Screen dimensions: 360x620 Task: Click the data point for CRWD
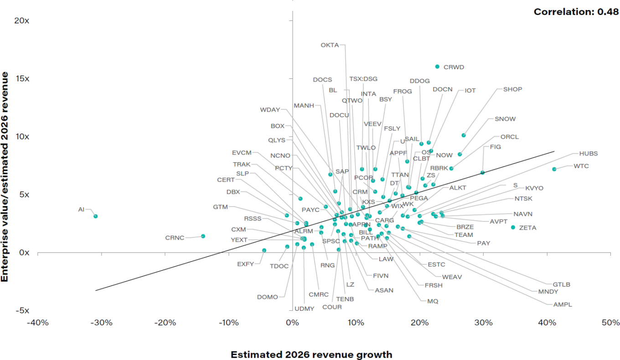click(x=437, y=67)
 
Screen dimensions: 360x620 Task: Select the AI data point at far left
click(x=96, y=216)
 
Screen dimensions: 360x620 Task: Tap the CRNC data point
click(x=203, y=236)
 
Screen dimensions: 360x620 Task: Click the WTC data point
click(x=554, y=169)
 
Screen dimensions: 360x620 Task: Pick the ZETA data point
click(x=513, y=227)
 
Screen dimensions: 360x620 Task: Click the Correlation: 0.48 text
click(x=576, y=12)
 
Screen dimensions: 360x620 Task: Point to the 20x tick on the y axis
click(x=21, y=21)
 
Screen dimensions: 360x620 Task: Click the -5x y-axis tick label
click(x=21, y=310)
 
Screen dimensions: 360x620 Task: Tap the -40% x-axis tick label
click(x=37, y=323)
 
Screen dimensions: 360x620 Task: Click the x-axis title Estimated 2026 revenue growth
click(x=311, y=355)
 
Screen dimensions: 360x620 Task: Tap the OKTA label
click(x=330, y=45)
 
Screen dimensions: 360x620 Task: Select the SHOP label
click(x=512, y=89)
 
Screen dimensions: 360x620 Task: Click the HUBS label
click(x=588, y=154)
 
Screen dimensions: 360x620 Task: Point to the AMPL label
click(x=562, y=304)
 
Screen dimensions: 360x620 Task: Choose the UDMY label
click(x=304, y=309)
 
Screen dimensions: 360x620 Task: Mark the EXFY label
click(x=245, y=264)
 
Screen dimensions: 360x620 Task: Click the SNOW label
click(x=505, y=119)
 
